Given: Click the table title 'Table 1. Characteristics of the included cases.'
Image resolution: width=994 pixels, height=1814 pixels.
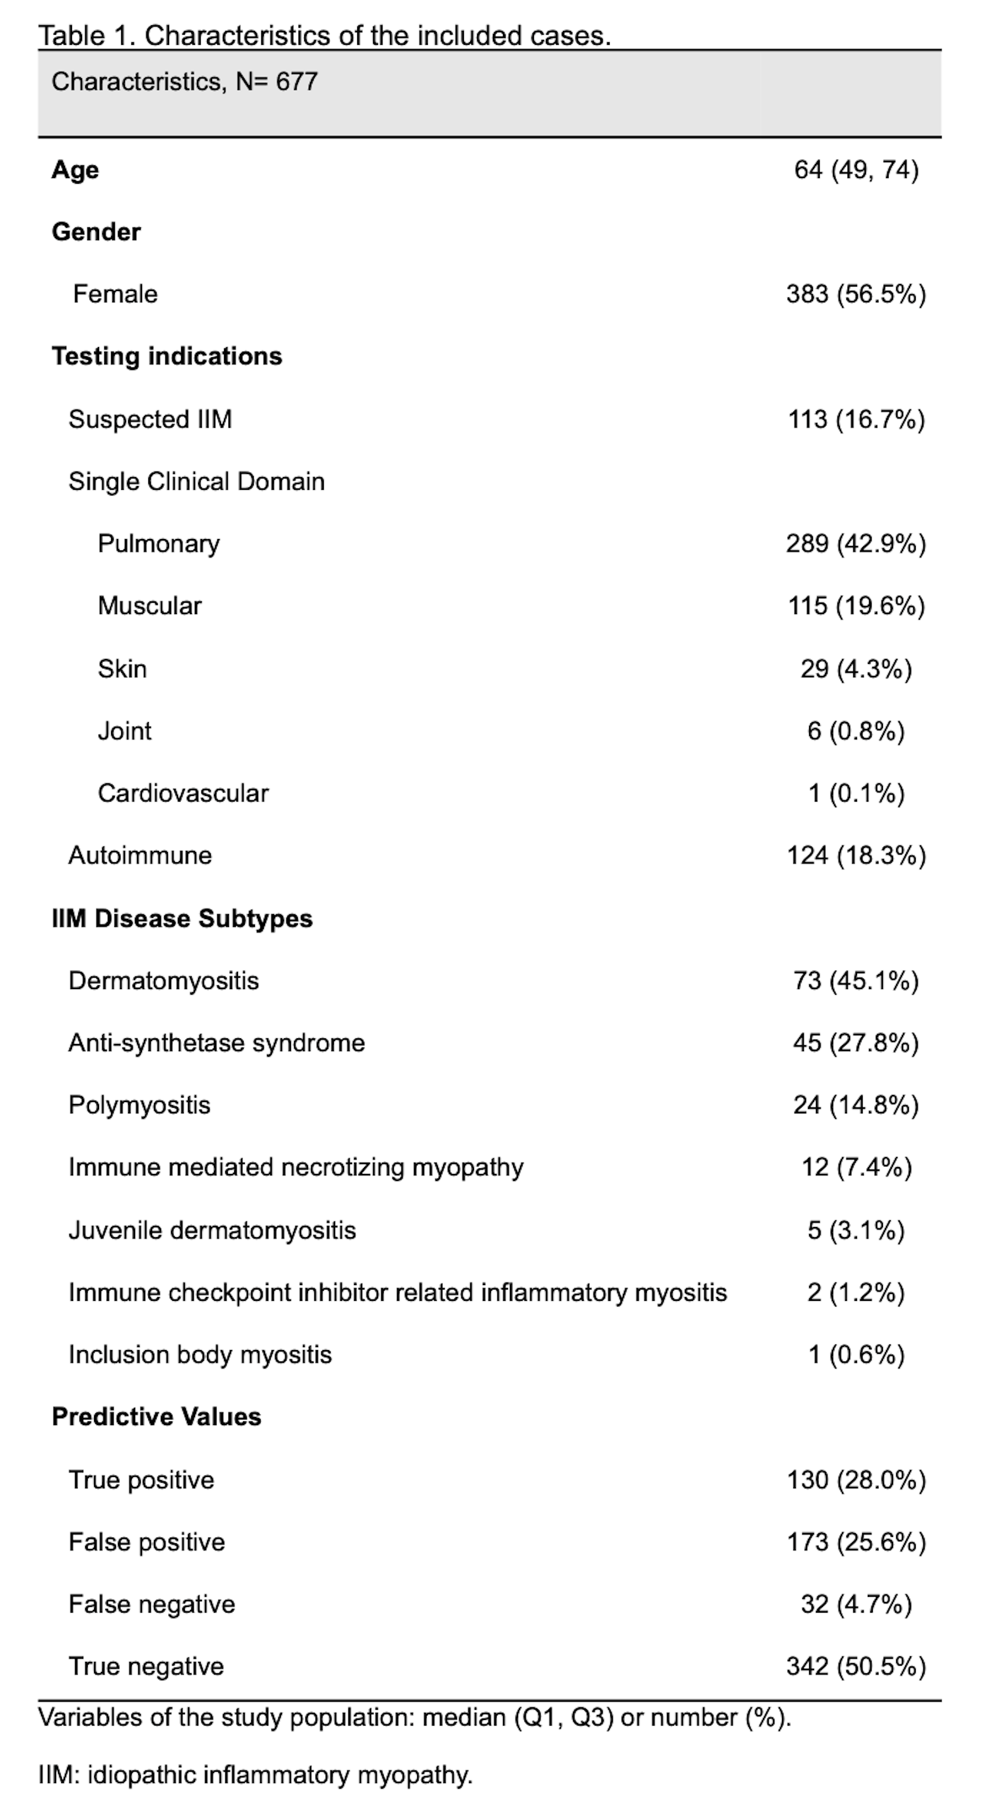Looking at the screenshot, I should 324,35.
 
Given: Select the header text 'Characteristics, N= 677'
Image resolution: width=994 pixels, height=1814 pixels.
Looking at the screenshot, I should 184,81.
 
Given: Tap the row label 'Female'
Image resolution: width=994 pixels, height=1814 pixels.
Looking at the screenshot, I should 115,293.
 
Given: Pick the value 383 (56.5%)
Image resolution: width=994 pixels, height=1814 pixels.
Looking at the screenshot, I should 855,293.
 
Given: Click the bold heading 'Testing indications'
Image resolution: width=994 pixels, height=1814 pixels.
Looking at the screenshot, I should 167,357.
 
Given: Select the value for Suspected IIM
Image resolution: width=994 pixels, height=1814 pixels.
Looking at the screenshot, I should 855,419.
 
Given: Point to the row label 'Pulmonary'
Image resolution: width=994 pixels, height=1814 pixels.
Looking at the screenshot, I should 158,543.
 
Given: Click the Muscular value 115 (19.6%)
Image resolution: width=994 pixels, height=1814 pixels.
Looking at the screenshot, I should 855,605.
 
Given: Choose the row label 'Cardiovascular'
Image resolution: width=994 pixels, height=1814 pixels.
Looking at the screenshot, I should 183,793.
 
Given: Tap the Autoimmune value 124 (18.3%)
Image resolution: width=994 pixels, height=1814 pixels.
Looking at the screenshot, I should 855,856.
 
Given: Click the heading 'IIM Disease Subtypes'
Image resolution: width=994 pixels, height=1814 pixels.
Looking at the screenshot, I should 182,918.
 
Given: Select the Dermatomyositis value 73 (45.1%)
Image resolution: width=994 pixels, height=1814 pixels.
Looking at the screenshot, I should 855,980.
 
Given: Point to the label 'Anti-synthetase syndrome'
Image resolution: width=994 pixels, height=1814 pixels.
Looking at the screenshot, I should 216,1043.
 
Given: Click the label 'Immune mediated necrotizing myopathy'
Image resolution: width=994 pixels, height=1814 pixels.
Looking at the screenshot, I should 295,1168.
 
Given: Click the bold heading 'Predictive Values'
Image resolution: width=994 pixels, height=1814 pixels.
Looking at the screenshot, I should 157,1417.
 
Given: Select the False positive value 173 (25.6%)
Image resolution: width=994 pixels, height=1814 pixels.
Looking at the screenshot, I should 855,1541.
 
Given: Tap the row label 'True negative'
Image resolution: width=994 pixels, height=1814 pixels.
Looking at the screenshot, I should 146,1666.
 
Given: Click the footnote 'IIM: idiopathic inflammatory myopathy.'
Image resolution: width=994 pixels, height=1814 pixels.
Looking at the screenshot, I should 255,1775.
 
